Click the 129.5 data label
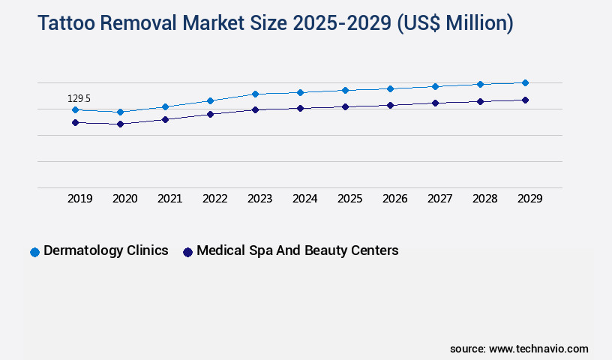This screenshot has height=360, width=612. click(79, 98)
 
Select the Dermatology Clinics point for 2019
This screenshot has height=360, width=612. click(75, 109)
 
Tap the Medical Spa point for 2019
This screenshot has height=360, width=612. click(75, 122)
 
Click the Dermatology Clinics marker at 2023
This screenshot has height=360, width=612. click(255, 94)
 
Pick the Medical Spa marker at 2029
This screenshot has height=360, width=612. click(525, 100)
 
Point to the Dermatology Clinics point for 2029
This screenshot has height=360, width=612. click(525, 82)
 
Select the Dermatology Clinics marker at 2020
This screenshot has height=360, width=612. click(120, 112)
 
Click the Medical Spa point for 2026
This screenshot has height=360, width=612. click(390, 105)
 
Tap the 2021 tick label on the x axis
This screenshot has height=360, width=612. click(169, 199)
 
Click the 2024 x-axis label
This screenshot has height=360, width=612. click(304, 199)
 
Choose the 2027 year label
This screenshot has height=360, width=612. click(439, 199)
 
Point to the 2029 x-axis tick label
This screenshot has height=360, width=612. click(529, 199)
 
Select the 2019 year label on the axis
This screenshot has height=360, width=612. click(79, 199)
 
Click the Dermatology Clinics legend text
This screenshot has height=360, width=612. click(106, 250)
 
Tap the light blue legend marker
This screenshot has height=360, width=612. click(34, 252)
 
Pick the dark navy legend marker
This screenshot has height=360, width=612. click(187, 252)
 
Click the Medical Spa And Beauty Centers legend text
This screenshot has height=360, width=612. click(297, 250)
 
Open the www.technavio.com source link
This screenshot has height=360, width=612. click(538, 349)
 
